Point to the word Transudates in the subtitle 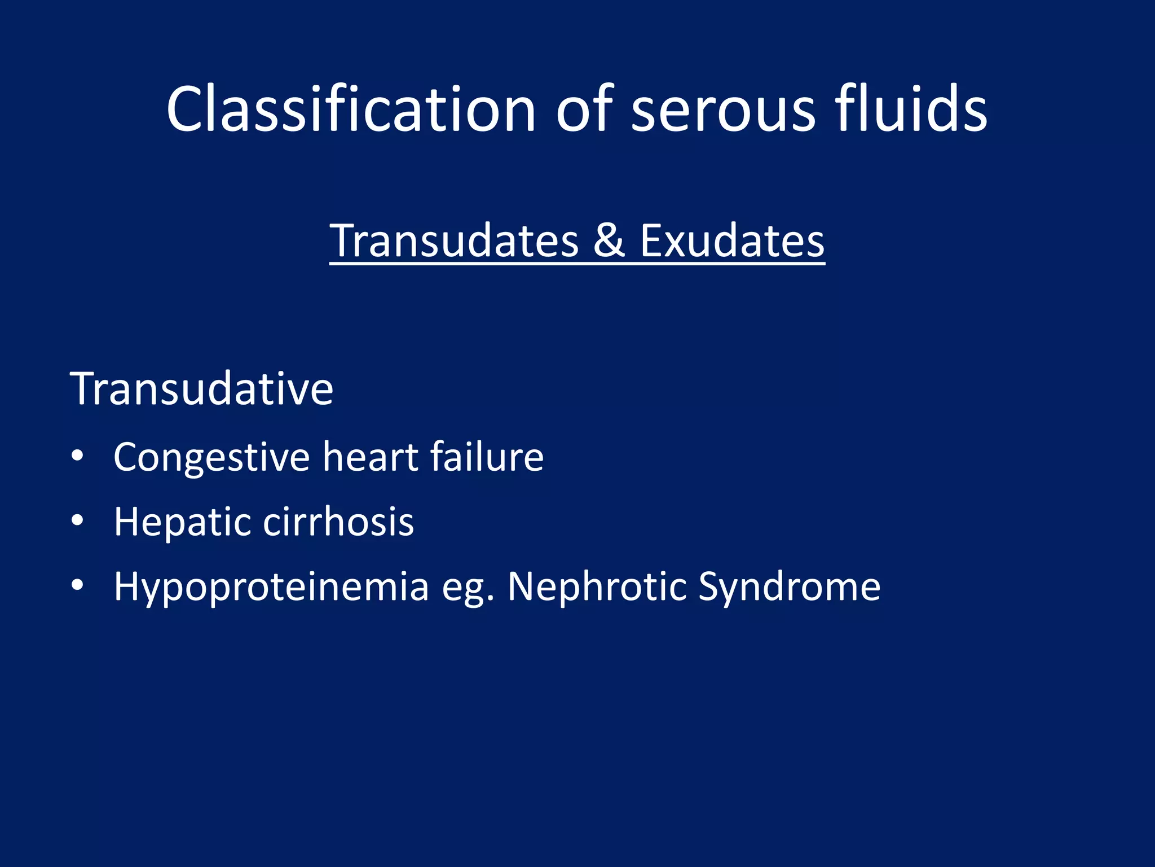coord(454,241)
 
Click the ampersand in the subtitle coord(609,241)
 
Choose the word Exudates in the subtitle coord(731,241)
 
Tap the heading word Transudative coord(201,389)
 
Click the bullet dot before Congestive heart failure coord(77,456)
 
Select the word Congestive coord(211,457)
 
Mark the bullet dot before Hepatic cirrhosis coord(77,520)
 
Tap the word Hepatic coord(182,522)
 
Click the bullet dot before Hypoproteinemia coord(77,585)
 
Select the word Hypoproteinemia coord(271,587)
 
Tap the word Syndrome coord(789,587)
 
